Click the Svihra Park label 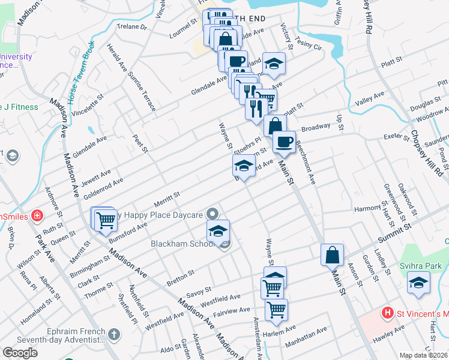pos(421,266)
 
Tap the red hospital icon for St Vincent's pos(388,313)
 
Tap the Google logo pos(20,353)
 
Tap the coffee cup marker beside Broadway pos(284,142)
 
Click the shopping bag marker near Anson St pos(332,254)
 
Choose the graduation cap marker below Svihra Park pos(418,283)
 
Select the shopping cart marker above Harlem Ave pos(276,310)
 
